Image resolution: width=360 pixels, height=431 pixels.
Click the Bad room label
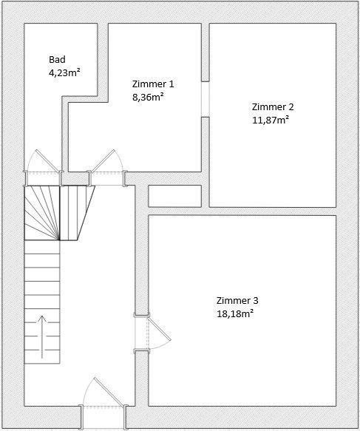coord(57,60)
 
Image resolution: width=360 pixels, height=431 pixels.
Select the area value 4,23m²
coord(64,72)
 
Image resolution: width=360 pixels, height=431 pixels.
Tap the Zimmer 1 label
coord(154,84)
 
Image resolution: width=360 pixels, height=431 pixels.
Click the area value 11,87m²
coord(271,119)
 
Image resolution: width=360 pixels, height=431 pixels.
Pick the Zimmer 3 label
coord(237,301)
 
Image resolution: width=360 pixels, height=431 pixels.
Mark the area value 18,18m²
coord(235,313)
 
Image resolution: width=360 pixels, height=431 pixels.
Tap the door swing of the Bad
coord(38,162)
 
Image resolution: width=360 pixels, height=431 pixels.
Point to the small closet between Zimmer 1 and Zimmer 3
coord(174,196)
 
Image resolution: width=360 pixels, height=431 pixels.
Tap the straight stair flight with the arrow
coord(42,303)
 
